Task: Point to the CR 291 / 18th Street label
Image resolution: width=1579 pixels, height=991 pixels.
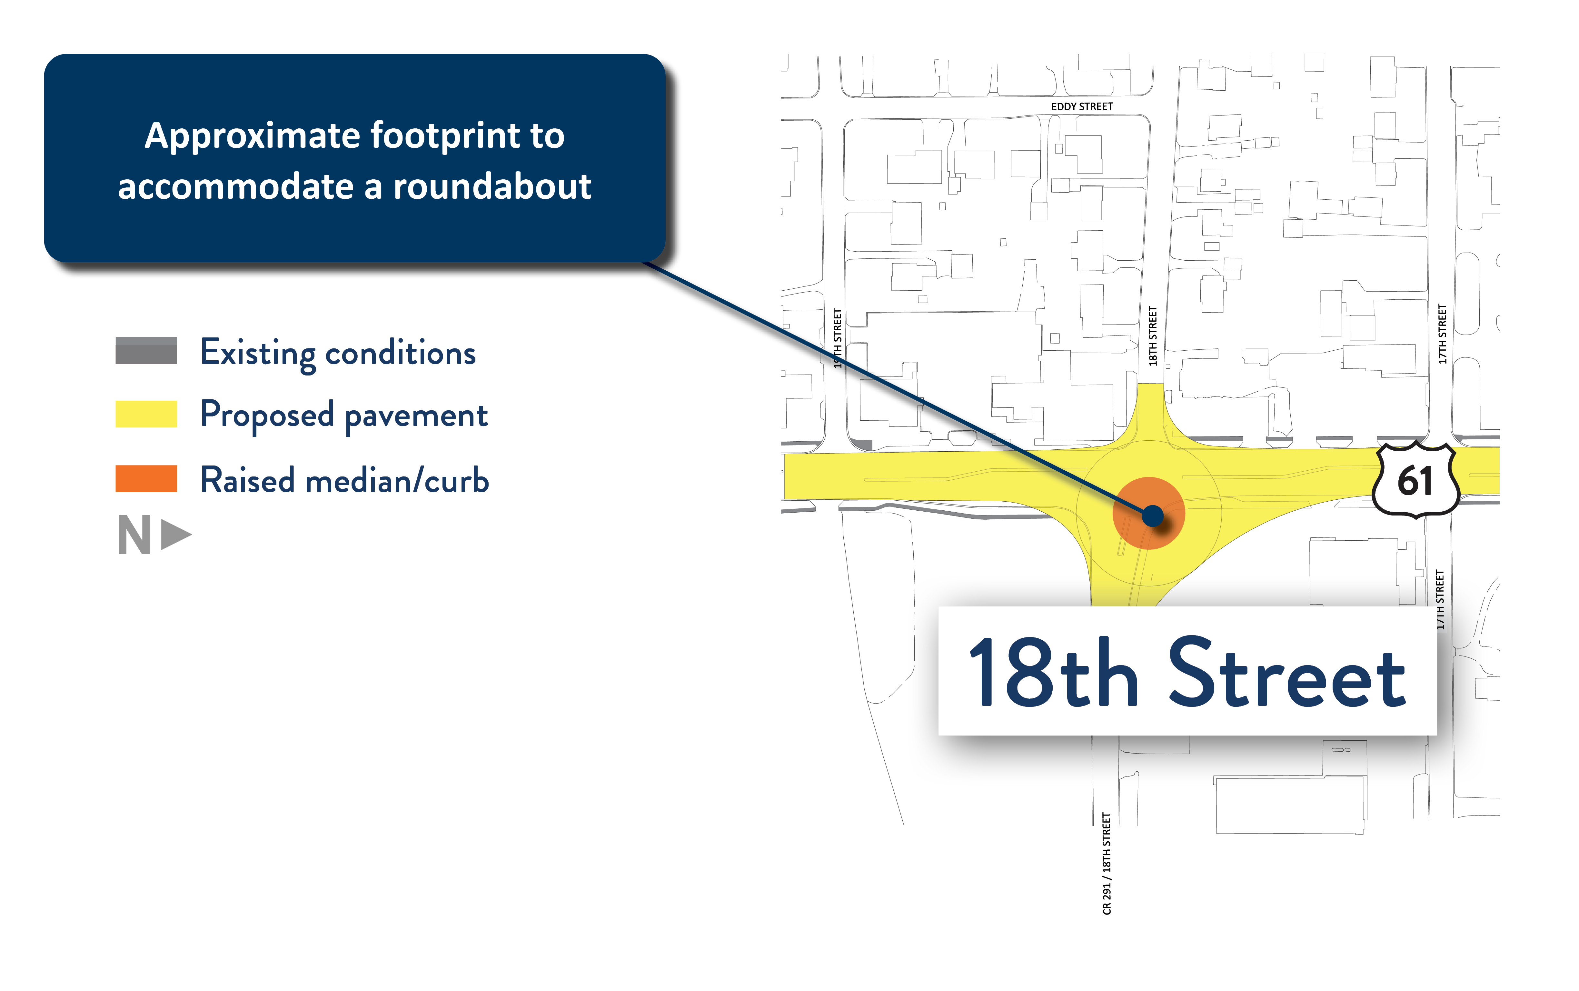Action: (x=1107, y=863)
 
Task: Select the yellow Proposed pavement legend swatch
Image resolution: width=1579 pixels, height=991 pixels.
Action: (x=146, y=414)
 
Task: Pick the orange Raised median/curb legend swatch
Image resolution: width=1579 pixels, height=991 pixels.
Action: (x=146, y=478)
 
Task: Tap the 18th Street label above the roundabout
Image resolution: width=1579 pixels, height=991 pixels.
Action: (x=1152, y=335)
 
